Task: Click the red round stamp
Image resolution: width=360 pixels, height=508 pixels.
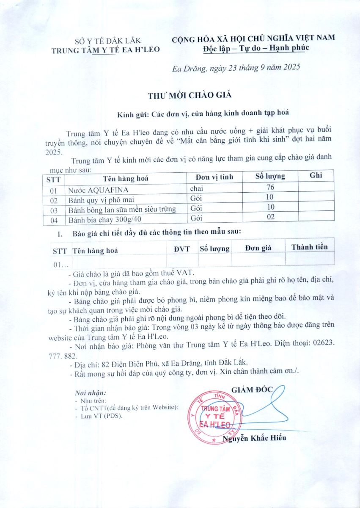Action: tap(214, 417)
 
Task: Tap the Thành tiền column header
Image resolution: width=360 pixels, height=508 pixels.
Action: tap(309, 247)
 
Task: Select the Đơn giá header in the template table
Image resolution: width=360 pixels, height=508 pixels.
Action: tap(258, 248)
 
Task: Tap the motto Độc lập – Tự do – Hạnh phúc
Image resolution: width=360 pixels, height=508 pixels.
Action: tap(256, 47)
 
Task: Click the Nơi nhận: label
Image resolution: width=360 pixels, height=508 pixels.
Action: tap(90, 393)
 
